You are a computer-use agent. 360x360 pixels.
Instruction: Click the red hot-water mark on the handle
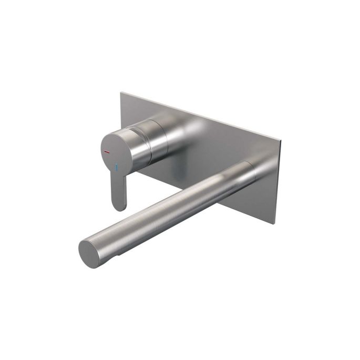[107, 152]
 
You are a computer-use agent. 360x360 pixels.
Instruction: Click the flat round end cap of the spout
[90, 253]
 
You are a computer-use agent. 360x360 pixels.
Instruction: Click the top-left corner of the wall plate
[121, 93]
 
